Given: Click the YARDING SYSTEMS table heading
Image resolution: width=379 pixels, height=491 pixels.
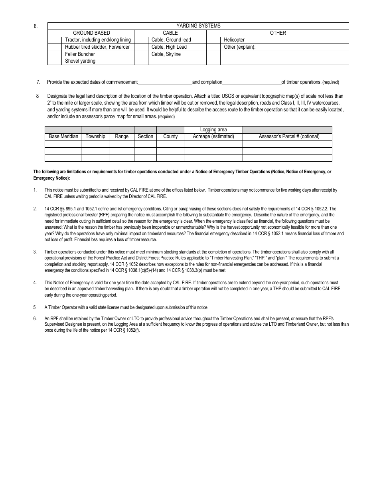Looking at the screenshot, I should [198, 26].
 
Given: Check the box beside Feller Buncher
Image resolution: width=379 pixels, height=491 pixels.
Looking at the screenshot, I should [55, 54].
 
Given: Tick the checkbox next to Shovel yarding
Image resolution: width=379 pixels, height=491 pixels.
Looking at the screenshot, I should [55, 61].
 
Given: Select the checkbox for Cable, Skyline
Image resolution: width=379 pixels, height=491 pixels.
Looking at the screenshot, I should [141, 54].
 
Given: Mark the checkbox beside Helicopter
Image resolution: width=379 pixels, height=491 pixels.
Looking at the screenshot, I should [213, 40].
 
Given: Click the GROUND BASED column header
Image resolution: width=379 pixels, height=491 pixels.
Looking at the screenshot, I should [91, 33].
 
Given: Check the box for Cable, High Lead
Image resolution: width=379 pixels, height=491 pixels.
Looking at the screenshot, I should [141, 47].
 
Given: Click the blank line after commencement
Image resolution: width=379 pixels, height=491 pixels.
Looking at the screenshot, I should [165, 82].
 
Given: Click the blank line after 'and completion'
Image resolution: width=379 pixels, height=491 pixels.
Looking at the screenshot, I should [252, 82].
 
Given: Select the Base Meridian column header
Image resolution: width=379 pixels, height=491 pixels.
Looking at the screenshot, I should [63, 136].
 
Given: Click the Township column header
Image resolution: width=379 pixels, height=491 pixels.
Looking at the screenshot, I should [95, 136].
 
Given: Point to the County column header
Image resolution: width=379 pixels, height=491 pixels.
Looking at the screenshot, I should [170, 136].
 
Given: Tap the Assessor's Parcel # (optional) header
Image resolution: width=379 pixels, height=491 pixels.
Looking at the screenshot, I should [289, 136].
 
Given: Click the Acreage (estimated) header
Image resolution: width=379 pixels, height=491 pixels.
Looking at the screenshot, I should [213, 136].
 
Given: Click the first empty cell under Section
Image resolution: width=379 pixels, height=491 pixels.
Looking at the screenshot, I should [145, 144].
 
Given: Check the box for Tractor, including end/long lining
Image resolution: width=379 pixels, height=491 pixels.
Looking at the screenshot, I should [55, 40].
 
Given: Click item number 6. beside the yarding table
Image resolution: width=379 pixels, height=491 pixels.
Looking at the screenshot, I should [36, 26].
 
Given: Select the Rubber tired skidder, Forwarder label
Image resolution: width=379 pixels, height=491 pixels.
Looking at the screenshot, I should [97, 47].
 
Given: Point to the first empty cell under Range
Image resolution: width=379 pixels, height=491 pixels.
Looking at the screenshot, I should [122, 144].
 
